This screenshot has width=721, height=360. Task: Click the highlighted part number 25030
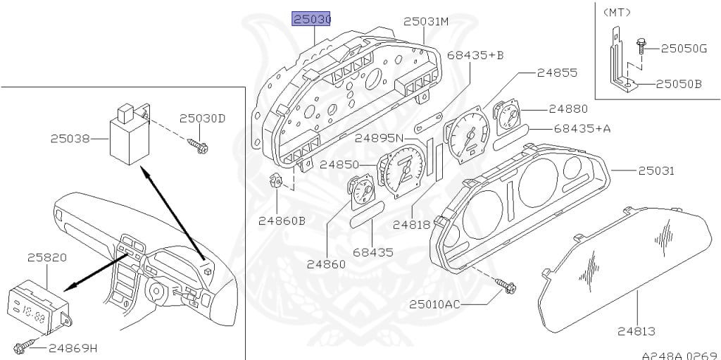[x=312, y=20]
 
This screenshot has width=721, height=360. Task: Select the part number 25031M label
[x=426, y=22]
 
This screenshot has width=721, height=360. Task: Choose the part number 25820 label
[x=47, y=258]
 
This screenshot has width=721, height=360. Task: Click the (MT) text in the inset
[x=617, y=11]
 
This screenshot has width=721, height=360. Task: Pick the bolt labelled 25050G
[x=642, y=46]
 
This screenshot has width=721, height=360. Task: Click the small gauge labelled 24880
[x=506, y=118]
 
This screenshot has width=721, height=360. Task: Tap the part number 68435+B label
[x=487, y=54]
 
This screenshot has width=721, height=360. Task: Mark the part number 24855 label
[x=557, y=72]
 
